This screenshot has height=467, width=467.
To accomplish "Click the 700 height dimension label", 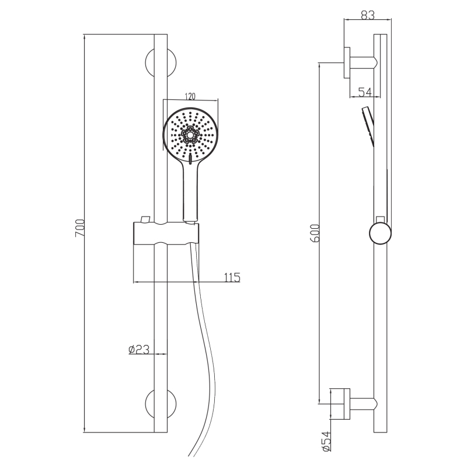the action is pos(80,228).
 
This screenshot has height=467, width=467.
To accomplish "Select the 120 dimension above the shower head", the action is pos(190,96).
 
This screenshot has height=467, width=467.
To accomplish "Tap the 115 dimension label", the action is pos(232,278).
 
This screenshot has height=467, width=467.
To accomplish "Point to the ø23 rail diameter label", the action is pos(139,349).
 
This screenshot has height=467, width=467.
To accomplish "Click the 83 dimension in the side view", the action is pos(368,15).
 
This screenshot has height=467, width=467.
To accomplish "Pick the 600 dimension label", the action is pos(315,233).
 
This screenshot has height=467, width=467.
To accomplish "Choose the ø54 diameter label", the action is pos(327,441).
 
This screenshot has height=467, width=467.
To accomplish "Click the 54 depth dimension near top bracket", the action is pos(365,92).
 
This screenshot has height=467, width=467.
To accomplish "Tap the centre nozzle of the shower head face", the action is pos(190,135).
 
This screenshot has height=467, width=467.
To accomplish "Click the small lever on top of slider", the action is pos(145,219).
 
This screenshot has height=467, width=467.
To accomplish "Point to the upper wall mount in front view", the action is pos(161,63).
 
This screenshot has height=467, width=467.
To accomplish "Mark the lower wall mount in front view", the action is pos(161,404).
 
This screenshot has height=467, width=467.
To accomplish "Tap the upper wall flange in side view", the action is pos(347,62).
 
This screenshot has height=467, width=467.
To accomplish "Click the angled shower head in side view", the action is pos(368,126).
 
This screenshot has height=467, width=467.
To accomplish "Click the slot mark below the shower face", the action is pos(190,159).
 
